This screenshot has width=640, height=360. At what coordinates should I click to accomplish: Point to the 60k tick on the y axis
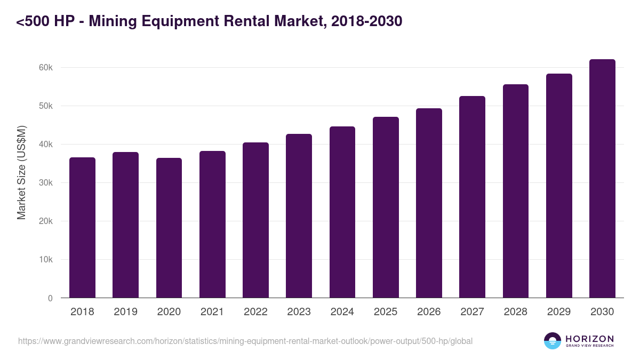point(46,68)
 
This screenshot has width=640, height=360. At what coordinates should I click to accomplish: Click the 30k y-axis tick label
point(46,183)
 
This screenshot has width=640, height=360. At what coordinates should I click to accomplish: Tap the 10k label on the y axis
point(46,260)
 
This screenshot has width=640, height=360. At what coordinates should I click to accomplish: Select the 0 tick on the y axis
point(50,298)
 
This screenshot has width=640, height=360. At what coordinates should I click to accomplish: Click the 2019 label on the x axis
point(125,312)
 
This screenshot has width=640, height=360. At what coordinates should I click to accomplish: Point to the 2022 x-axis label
point(255,312)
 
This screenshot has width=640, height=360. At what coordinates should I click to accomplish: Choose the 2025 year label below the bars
point(386,312)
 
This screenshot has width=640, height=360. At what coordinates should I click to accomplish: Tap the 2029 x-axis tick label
point(559,312)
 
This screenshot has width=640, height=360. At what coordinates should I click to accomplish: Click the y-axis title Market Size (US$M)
point(21,172)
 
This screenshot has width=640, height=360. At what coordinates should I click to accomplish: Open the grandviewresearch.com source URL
point(245,341)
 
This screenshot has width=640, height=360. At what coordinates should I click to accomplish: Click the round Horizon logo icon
point(552,341)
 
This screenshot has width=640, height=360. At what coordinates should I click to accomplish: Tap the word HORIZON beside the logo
point(589,338)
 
